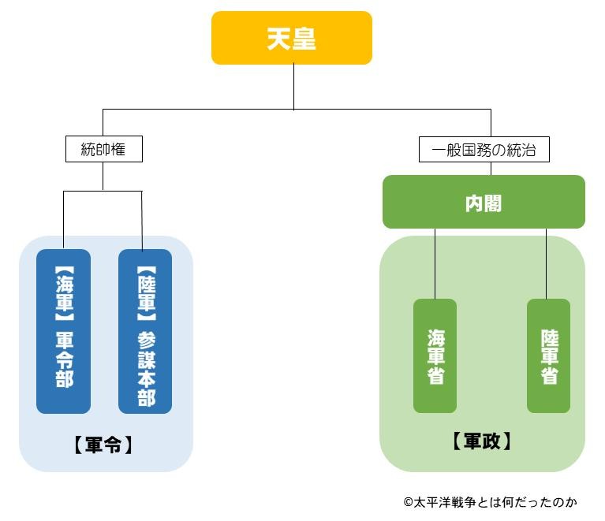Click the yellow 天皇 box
(291, 38)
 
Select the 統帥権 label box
(103, 149)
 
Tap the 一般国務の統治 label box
(484, 150)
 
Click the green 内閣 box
(484, 203)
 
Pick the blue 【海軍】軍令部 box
(64, 331)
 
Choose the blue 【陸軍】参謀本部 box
(145, 331)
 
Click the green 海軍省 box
(435, 355)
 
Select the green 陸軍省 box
(548, 355)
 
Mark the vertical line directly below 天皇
(293, 87)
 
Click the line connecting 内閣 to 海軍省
(435, 264)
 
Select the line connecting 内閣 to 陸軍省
(547, 264)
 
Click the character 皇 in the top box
(304, 39)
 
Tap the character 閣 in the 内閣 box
(494, 203)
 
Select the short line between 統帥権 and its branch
(103, 177)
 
